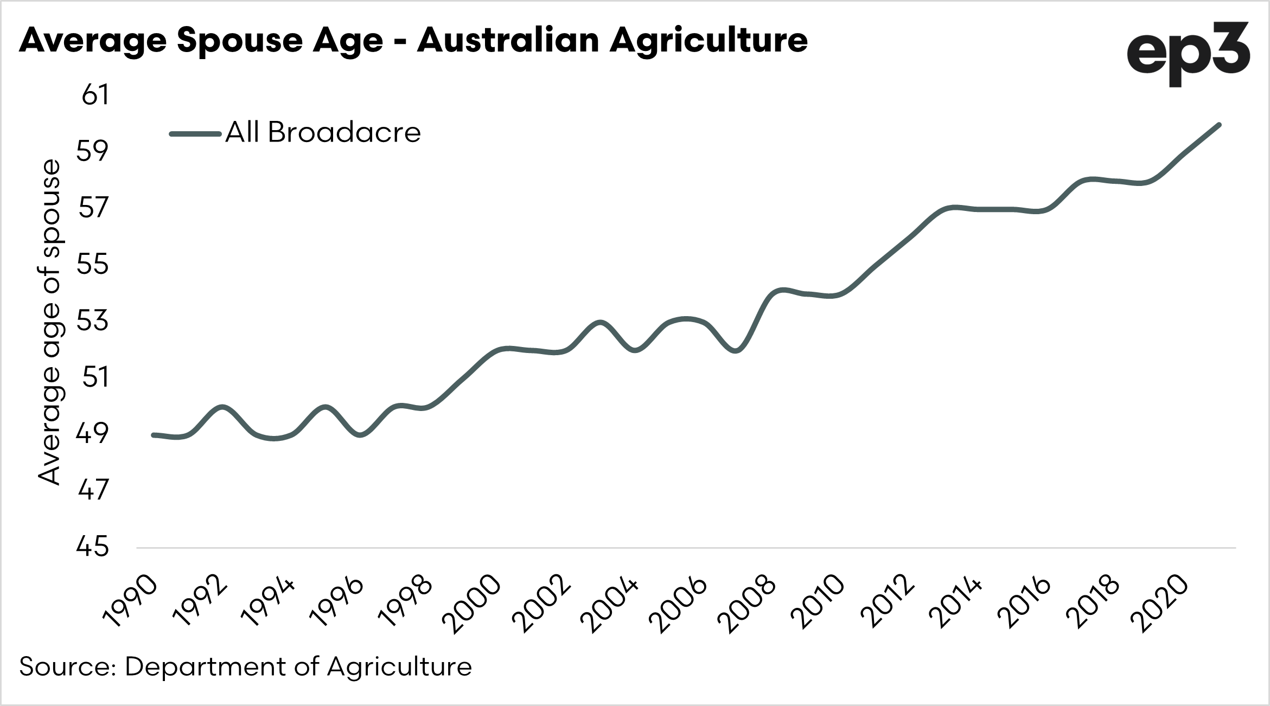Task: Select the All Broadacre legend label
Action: [x=323, y=132]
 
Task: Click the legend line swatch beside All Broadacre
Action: [x=195, y=133]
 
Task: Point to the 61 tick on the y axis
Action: [x=95, y=95]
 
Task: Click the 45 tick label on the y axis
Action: [x=93, y=547]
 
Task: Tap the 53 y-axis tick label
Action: [x=93, y=321]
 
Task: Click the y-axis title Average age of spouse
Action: [x=49, y=322]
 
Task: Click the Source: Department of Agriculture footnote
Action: [x=245, y=666]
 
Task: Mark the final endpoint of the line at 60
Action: [x=1219, y=125]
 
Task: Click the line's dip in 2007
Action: [x=736, y=351]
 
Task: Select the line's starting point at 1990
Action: [x=154, y=435]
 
